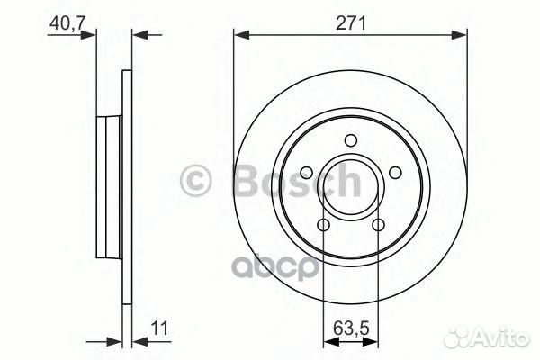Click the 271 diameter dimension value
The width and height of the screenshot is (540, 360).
351,24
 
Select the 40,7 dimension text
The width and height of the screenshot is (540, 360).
61,24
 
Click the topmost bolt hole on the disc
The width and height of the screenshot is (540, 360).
351,139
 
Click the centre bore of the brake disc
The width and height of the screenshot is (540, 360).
351,185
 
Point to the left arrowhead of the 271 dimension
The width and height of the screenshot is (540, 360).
239,36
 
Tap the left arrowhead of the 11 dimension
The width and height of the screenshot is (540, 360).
117,340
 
